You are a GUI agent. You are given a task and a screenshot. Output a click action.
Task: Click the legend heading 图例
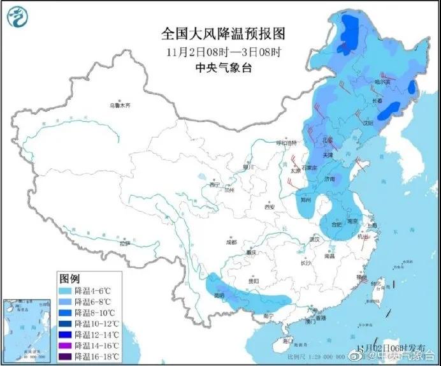[x=69, y=279]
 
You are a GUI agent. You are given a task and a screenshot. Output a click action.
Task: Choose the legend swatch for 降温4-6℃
[x=64, y=291]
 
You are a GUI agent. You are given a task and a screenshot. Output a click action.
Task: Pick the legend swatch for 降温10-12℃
[x=64, y=323]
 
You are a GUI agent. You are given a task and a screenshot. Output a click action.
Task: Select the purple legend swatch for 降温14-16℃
[x=64, y=345]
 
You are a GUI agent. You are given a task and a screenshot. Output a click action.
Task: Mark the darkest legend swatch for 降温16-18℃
[x=64, y=356]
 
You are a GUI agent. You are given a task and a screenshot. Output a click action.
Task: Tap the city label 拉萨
[x=124, y=243]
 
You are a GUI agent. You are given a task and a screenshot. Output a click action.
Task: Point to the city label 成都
[x=230, y=242]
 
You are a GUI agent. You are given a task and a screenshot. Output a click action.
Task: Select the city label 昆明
[x=219, y=296]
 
